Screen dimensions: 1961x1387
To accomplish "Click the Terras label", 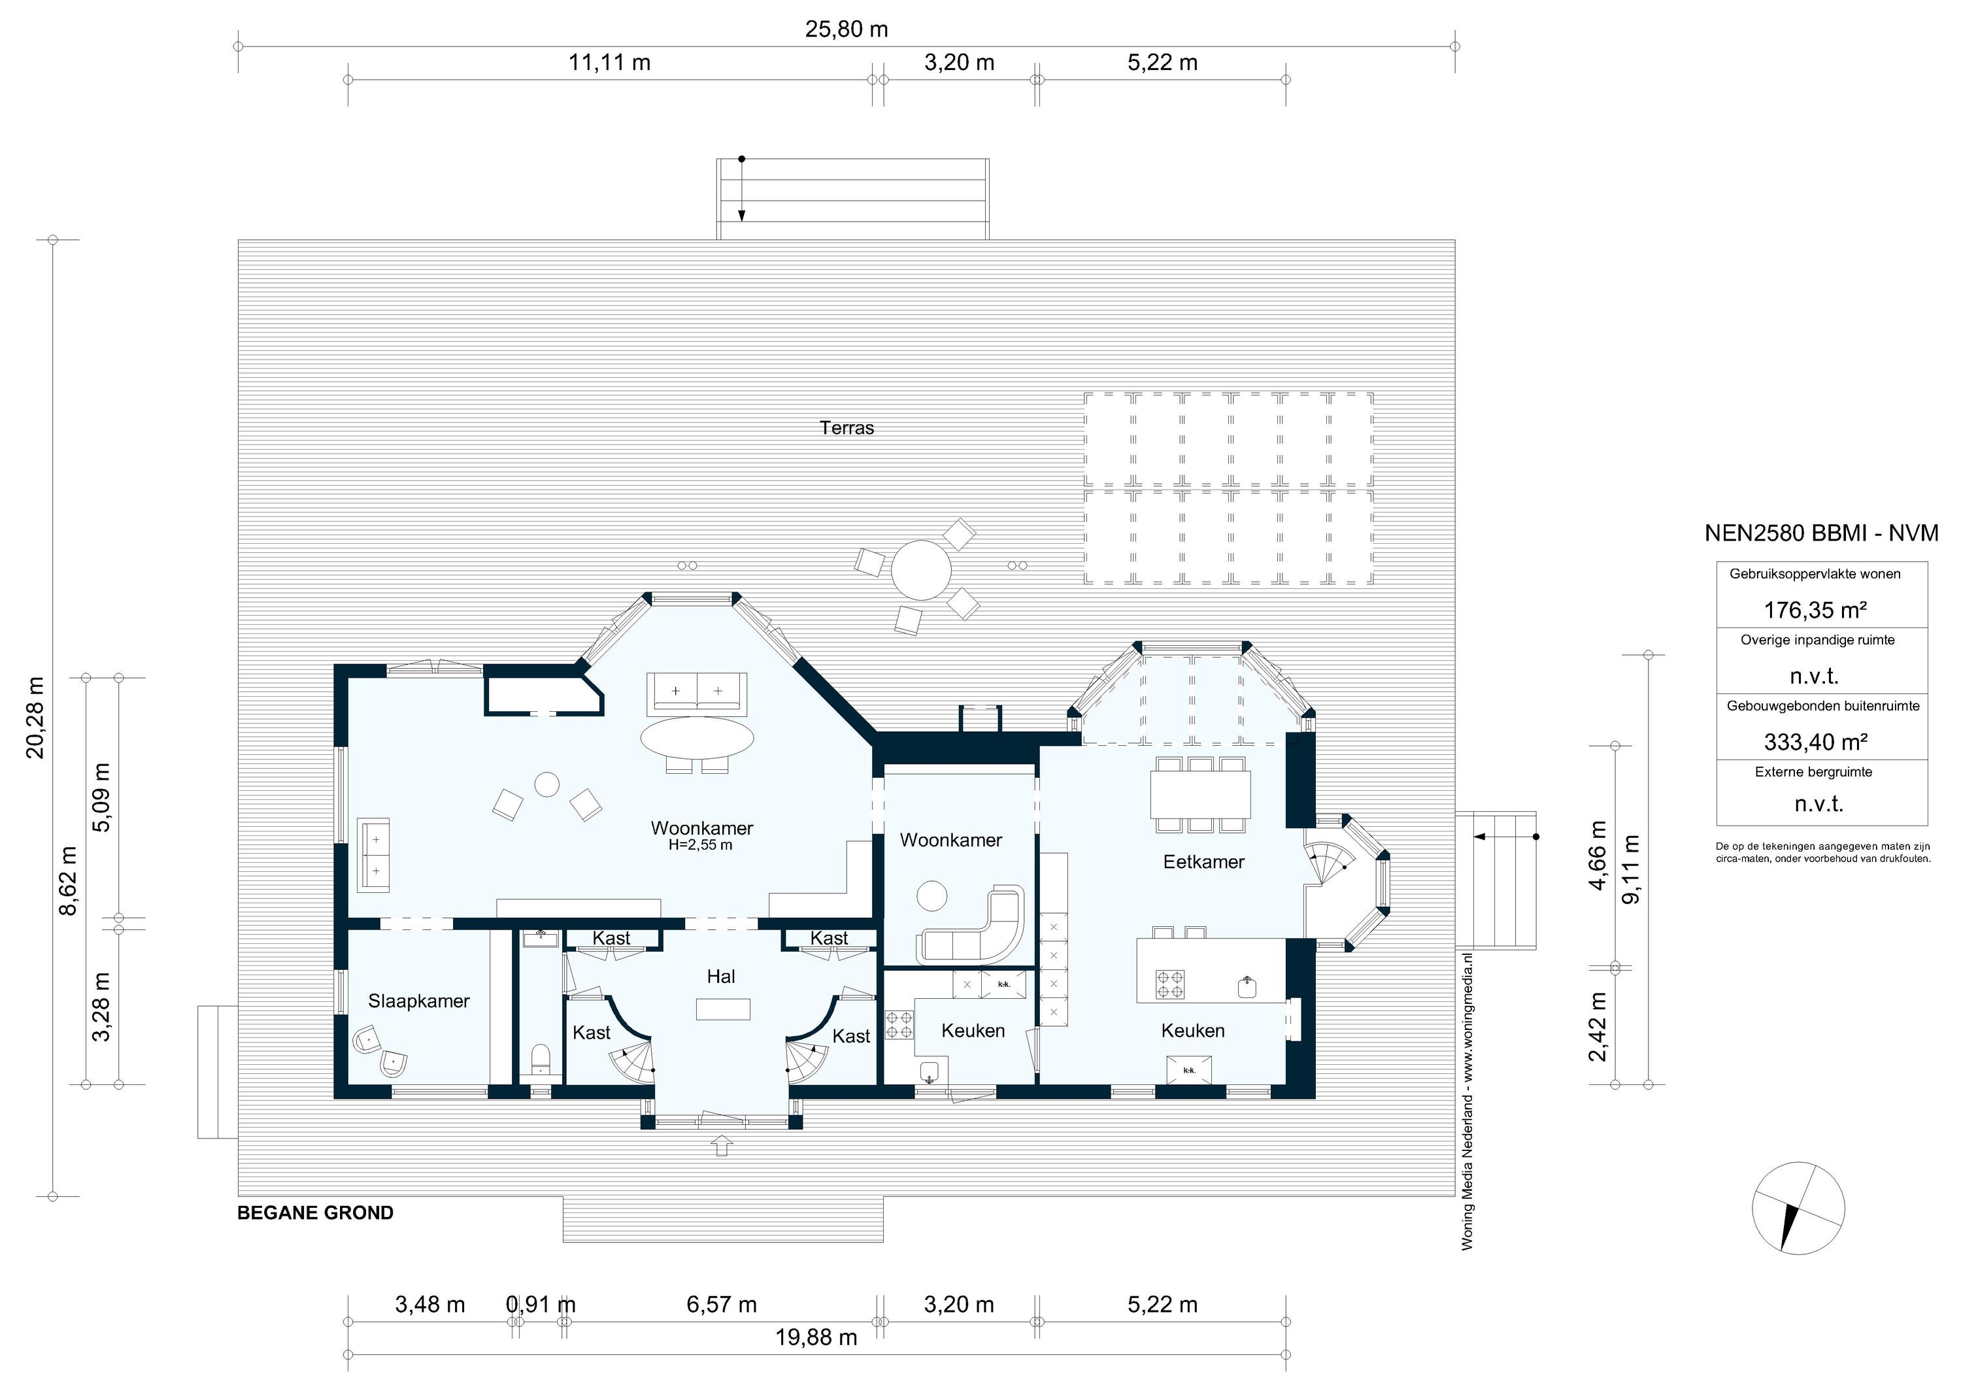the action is pos(846,428).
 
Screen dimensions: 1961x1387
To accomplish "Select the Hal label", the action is pos(721,977).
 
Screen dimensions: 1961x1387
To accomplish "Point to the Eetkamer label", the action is pos(1203,861).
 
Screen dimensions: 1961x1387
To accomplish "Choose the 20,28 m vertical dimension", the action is pos(35,718).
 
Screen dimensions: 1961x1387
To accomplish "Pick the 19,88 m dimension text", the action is pos(816,1337).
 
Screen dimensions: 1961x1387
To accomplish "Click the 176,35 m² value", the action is pos(1815,610).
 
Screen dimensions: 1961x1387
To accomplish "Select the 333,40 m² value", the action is pos(1815,741).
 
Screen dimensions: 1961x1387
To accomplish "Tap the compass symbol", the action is pos(1798,1208).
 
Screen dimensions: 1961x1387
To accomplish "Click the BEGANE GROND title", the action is pos(315,1212).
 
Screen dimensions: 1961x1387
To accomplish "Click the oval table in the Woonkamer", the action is pos(697,737).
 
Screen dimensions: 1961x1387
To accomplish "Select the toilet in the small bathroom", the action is pos(541,1060).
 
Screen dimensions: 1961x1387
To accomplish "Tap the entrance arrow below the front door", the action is pos(722,1145).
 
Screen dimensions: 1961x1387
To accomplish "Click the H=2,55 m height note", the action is pos(700,846).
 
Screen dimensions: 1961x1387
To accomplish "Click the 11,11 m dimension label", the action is pos(610,62).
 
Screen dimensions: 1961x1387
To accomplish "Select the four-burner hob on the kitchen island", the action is pos(1169,984).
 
